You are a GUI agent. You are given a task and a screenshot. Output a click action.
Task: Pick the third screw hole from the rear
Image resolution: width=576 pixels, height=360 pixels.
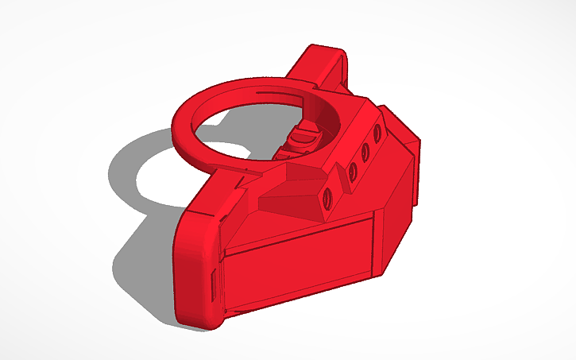click(350, 168)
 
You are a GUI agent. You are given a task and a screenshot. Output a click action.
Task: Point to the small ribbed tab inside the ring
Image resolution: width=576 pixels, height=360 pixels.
click(300, 139)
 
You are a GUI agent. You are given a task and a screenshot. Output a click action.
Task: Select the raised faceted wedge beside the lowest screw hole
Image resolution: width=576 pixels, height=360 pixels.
click(294, 199)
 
